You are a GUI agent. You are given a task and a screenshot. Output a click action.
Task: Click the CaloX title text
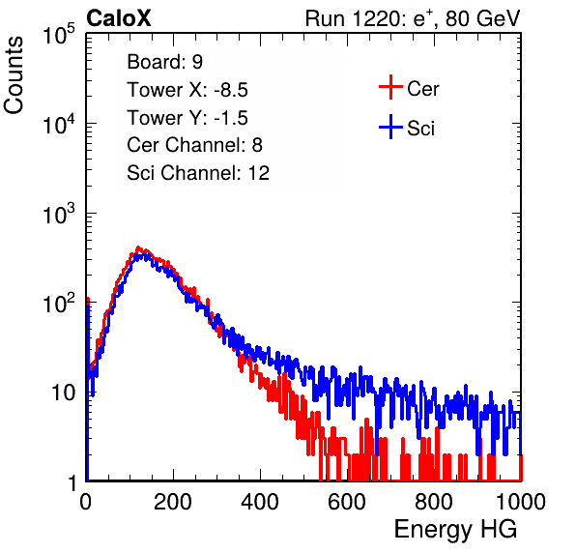(x=119, y=18)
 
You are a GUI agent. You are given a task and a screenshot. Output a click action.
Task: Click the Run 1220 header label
(x=413, y=18)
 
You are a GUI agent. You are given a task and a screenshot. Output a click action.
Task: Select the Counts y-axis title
(x=14, y=74)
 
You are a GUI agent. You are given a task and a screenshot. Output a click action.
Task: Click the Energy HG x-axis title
(x=455, y=530)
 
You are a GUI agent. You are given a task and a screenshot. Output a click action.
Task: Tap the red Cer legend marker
(x=390, y=87)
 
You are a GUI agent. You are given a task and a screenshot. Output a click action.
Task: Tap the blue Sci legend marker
(x=390, y=127)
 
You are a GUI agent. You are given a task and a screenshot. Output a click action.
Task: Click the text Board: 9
(x=164, y=62)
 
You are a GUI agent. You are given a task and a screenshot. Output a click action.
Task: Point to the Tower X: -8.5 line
(x=187, y=90)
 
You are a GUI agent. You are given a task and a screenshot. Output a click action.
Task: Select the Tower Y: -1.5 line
(x=187, y=118)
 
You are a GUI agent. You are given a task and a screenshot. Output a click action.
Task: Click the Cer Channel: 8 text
(x=194, y=145)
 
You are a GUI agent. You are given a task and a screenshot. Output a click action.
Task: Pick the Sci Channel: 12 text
(x=198, y=173)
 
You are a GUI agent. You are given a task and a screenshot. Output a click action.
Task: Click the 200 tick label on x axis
(x=173, y=502)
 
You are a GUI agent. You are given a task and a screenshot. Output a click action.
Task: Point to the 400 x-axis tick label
(x=260, y=502)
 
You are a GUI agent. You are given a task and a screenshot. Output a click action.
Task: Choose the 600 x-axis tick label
(x=347, y=502)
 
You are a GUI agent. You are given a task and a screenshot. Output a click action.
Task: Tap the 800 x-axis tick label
(x=434, y=502)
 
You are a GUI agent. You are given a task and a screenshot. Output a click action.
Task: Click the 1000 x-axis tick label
(x=521, y=502)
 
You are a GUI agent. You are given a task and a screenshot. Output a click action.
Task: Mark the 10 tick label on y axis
(x=64, y=393)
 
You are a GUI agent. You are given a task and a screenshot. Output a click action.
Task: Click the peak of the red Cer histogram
(x=138, y=247)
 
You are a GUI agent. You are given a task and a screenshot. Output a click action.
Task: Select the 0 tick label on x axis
(x=86, y=502)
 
